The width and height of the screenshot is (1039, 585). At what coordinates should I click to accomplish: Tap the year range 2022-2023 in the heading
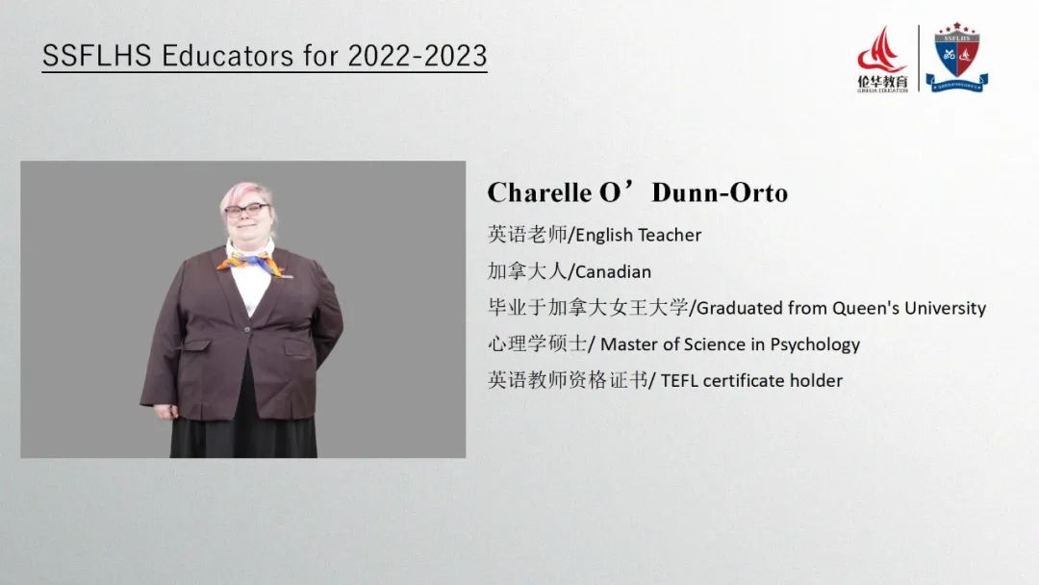coord(418,56)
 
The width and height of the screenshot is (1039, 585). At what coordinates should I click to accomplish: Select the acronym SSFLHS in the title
coord(97,56)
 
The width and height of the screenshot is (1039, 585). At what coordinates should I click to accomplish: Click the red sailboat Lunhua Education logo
coord(882,59)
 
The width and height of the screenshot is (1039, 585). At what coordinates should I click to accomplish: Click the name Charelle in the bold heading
coord(540,192)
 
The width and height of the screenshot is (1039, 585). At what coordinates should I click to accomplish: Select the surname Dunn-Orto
coord(720,192)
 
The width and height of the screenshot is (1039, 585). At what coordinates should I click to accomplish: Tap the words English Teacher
coord(638,235)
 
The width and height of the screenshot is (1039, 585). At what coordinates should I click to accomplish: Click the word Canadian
coord(613,271)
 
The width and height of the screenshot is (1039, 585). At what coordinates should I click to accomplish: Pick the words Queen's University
coord(909,308)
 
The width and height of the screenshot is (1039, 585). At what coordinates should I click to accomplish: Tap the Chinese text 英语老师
coord(527,235)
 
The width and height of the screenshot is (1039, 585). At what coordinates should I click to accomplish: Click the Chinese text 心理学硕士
coord(538,343)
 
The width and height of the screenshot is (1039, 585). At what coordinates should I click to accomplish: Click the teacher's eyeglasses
coord(246,211)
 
